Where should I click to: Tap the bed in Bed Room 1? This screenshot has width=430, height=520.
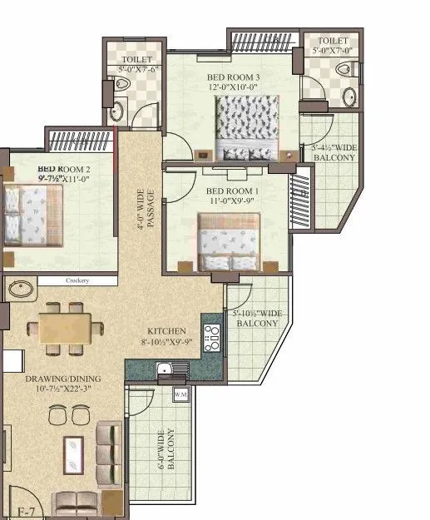pyautogui.click(x=236, y=241)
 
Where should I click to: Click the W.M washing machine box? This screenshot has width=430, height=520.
pyautogui.click(x=180, y=394)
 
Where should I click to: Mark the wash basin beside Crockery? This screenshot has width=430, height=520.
pyautogui.click(x=19, y=290)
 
